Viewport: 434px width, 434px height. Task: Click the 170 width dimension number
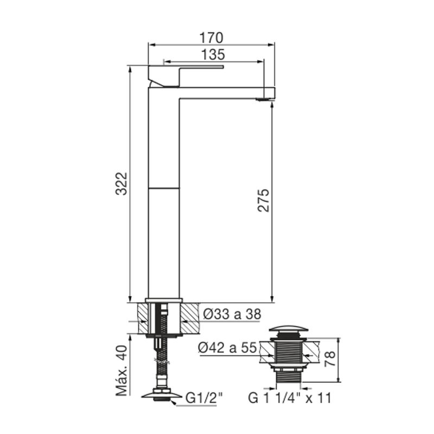211,38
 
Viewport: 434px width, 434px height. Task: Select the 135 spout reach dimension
213,55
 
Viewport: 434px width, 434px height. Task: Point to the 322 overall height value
122,184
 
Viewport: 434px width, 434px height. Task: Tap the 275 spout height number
263,200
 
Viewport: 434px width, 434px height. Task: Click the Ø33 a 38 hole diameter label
232,314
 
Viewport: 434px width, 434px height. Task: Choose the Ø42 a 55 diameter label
227,347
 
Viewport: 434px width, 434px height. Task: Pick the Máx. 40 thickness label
122,371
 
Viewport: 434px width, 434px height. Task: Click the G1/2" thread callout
204,398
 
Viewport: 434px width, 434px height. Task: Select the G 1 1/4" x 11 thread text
290,398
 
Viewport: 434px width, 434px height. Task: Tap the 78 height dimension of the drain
330,359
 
